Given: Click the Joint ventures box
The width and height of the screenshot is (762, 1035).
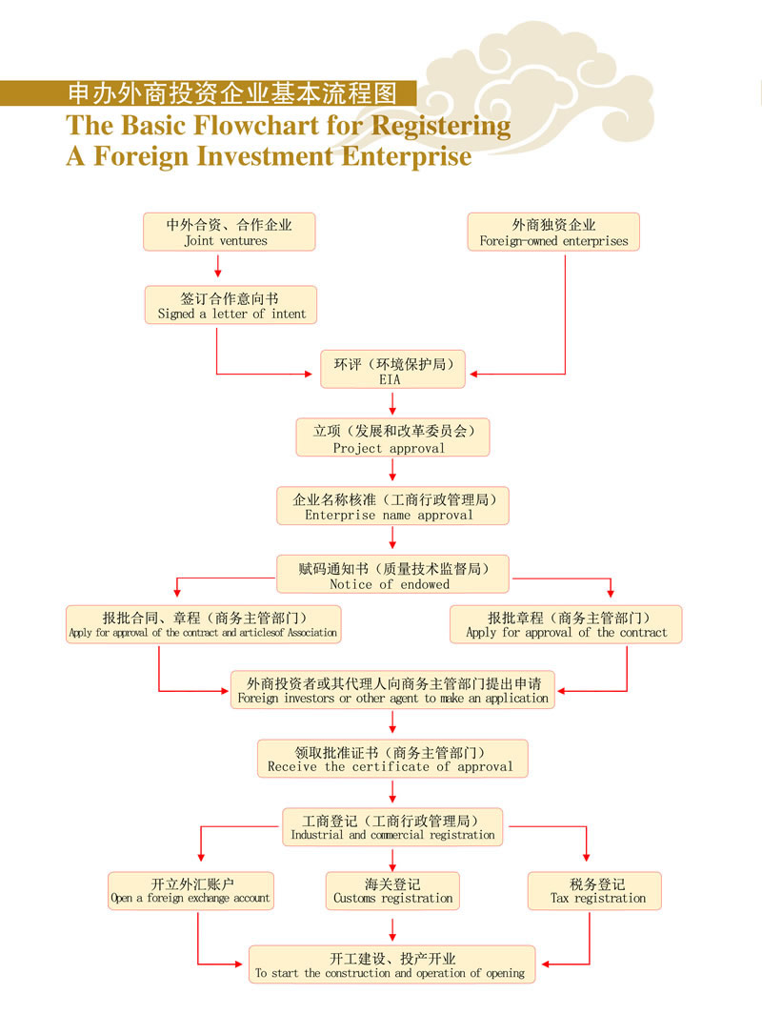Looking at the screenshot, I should (229, 232).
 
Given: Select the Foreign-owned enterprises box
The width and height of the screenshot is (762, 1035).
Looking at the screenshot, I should (553, 232).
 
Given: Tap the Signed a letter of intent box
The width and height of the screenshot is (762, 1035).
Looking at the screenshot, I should (231, 305).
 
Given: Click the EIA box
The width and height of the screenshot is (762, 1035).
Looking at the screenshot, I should (392, 370).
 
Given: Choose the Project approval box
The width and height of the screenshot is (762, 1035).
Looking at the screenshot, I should (392, 438).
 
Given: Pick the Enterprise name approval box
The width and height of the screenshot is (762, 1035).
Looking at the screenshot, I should (392, 505).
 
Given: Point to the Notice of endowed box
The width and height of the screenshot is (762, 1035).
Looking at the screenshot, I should (392, 574).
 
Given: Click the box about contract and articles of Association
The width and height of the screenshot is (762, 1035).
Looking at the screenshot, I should (203, 624).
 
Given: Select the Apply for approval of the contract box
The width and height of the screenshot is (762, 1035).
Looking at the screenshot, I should (566, 624).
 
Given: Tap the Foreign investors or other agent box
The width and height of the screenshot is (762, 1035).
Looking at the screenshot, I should (392, 690).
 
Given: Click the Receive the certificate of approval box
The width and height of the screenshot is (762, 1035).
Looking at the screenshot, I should (392, 758).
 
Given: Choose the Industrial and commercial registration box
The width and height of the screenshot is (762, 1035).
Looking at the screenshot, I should (392, 826).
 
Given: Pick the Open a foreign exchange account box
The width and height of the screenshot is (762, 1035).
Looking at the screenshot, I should (190, 890).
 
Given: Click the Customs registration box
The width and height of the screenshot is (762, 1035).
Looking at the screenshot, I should (392, 890).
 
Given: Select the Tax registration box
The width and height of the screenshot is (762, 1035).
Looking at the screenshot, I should (594, 890).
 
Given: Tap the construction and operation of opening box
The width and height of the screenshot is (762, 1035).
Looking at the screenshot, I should (392, 964).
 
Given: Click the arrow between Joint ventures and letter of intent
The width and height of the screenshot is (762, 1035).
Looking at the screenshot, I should (218, 267).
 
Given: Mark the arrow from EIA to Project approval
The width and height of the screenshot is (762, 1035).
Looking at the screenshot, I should (392, 403).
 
